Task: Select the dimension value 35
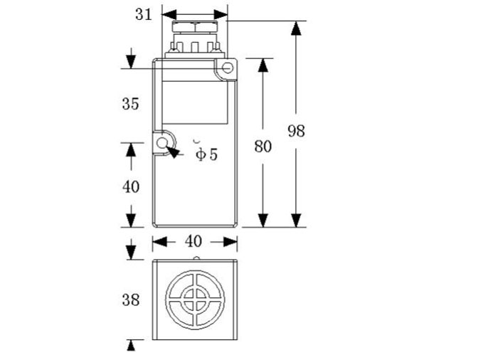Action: (130, 104)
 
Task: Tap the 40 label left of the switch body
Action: (131, 187)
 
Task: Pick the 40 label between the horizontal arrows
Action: (194, 242)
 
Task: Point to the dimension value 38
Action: (130, 299)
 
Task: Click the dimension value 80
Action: (263, 147)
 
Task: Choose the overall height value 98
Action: (296, 131)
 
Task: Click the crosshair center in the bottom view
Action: (194, 297)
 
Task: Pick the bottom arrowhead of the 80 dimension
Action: (263, 221)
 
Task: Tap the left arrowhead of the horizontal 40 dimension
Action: (159, 242)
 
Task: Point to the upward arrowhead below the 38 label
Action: (131, 346)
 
